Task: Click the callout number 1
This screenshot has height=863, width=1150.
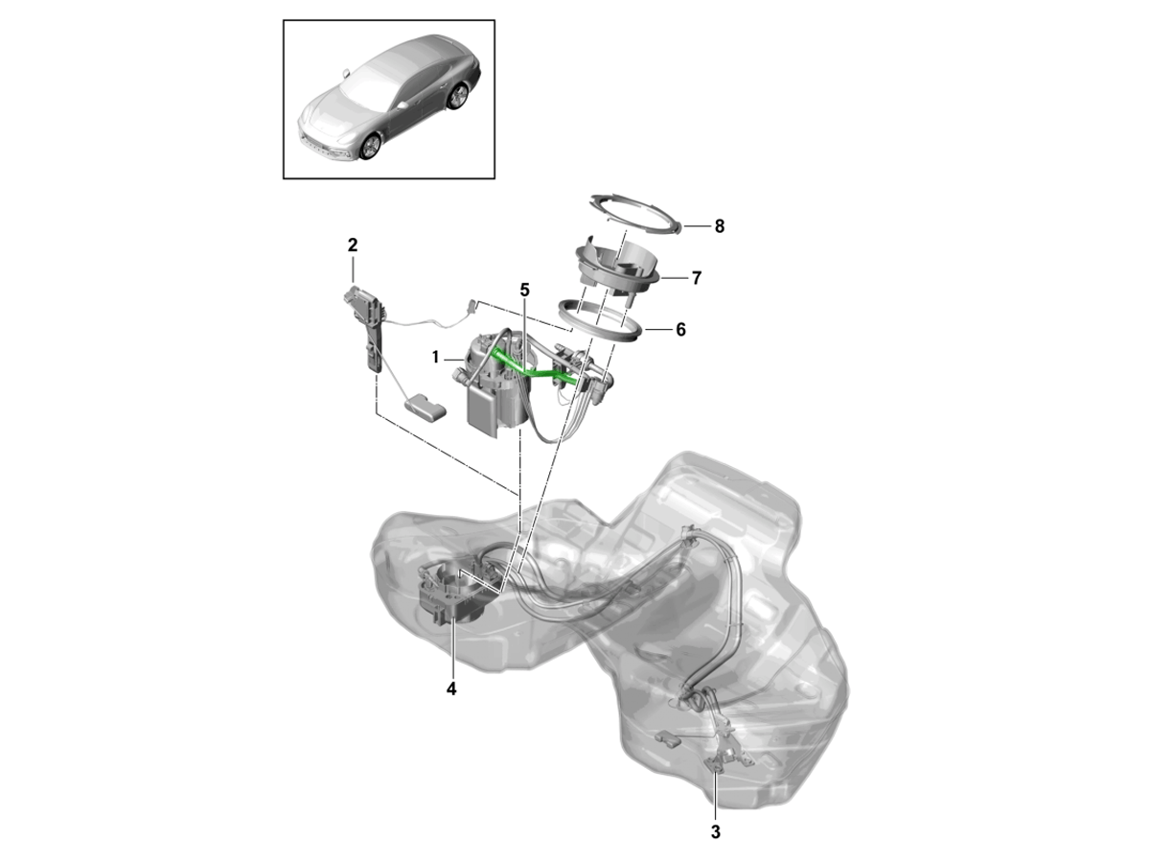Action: click(435, 358)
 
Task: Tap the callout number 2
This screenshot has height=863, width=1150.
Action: click(353, 245)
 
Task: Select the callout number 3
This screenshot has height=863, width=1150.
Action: click(716, 831)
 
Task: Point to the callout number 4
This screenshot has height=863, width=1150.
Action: click(451, 689)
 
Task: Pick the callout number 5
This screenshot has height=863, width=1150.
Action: click(524, 290)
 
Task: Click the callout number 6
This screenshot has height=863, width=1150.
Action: click(680, 330)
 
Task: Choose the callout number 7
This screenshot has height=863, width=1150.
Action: click(697, 278)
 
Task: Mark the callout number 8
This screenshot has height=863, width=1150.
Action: click(720, 226)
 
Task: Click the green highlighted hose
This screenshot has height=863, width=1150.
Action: click(535, 368)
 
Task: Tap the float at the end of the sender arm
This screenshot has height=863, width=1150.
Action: click(425, 408)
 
